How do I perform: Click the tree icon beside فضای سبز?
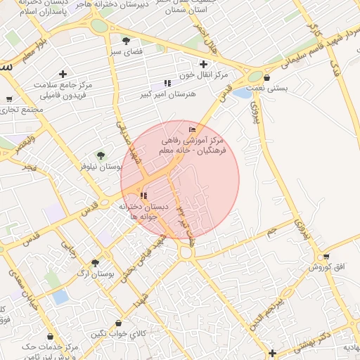(126, 41)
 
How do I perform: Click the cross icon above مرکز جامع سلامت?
(63, 74)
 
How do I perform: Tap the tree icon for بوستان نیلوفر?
(101, 155)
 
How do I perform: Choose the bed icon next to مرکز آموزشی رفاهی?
(193, 129)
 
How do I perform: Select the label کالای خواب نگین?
(120, 333)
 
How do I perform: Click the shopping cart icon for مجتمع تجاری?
(9, 99)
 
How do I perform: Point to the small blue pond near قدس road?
(243, 93)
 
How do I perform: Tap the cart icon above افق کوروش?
(326, 257)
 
